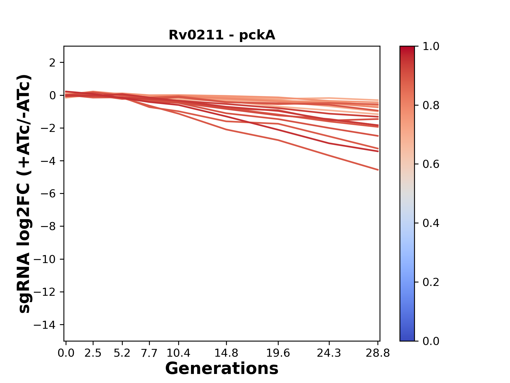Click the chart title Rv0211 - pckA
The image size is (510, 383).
pos(222,35)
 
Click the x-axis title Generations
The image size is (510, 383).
pos(222,369)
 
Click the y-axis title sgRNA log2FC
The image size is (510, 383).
pos(24,194)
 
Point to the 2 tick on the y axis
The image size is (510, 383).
pos(52,63)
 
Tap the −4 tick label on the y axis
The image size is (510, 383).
pos(48,161)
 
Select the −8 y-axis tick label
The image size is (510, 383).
pos(48,227)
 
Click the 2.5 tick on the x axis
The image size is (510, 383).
pos(93,353)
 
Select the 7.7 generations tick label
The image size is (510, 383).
pos(149,353)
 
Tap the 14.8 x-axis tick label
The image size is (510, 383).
pos(226,353)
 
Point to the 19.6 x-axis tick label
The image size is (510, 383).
pos(278,353)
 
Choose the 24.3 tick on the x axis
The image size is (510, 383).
pos(329,353)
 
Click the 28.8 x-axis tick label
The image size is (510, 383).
pos(378,353)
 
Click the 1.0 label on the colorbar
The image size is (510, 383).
pos(431,47)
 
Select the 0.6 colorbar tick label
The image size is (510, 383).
pos(431,164)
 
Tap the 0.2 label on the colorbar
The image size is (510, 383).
pos(431,282)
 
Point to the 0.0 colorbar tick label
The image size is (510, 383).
pos(431,341)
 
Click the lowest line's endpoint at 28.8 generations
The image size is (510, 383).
pos(378,170)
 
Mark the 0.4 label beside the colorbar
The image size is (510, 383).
pos(431,223)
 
